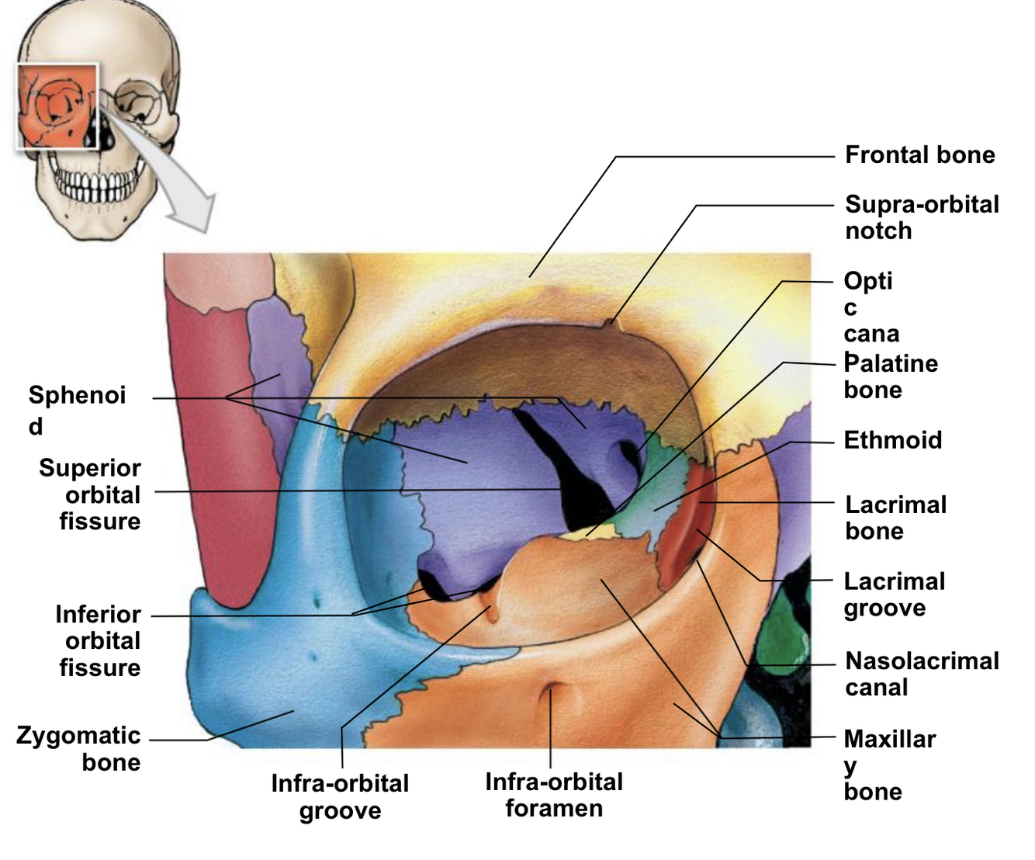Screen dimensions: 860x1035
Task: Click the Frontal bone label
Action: click(919, 155)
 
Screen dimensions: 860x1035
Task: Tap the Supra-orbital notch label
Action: click(921, 217)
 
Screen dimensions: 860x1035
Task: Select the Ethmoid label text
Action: click(892, 440)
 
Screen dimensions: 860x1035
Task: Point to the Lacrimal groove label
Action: click(894, 595)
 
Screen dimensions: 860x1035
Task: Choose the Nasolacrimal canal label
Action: click(921, 674)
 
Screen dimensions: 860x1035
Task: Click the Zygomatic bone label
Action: click(79, 748)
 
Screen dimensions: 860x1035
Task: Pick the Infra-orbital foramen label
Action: click(553, 795)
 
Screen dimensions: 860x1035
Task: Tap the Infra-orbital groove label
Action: click(340, 796)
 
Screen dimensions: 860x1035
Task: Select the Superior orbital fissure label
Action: click(91, 494)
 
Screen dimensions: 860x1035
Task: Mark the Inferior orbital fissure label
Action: click(99, 640)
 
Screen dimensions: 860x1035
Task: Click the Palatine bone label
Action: click(891, 376)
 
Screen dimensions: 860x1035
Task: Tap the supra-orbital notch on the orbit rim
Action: click(608, 323)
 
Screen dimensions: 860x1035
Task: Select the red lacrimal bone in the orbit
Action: click(683, 528)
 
